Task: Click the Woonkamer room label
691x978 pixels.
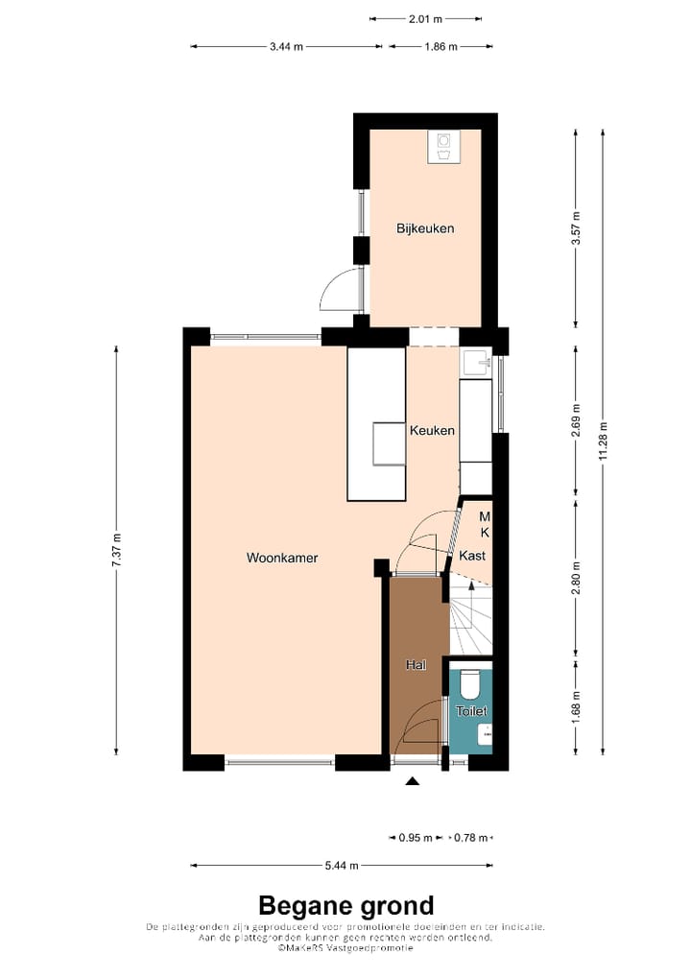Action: tap(281, 558)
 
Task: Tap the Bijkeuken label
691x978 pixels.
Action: tap(425, 228)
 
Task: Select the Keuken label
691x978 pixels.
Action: tap(432, 431)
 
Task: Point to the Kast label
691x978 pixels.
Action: tap(472, 556)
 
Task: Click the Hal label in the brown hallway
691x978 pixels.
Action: tap(416, 664)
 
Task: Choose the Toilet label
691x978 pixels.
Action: tap(472, 711)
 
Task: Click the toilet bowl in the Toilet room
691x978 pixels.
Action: tap(470, 683)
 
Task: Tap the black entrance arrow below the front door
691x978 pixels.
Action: tap(413, 782)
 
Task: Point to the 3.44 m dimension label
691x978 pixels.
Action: tap(286, 46)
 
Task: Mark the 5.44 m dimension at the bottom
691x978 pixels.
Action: tap(341, 866)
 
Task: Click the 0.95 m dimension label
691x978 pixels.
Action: tap(416, 837)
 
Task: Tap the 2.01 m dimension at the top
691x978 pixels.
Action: tap(425, 18)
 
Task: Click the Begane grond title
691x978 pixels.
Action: tap(345, 905)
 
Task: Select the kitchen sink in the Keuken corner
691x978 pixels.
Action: tap(476, 362)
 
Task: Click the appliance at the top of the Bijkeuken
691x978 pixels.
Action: tap(443, 145)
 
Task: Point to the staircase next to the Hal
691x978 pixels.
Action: tap(470, 619)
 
